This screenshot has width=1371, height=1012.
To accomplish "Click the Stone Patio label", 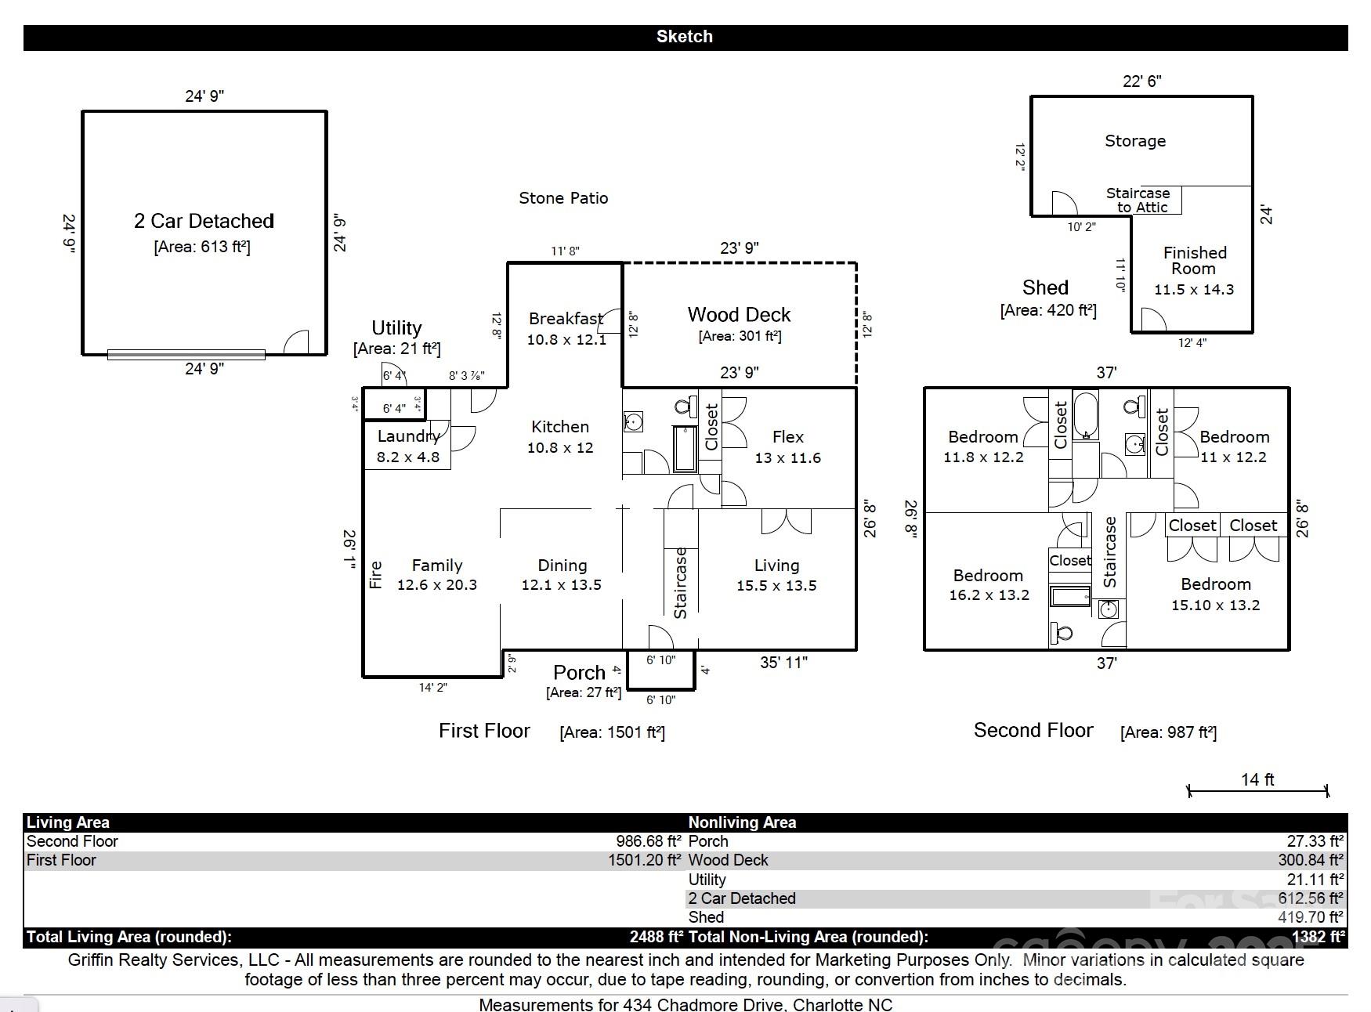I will [563, 198].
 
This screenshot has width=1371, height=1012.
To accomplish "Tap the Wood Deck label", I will [739, 315].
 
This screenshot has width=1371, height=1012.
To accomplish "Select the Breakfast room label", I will [566, 319].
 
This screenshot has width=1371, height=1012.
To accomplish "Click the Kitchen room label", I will [559, 427].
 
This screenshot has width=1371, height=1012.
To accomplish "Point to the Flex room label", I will [787, 437].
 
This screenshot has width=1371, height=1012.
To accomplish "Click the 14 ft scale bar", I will [1257, 790].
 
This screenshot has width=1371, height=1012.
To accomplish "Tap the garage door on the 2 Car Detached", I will [186, 355].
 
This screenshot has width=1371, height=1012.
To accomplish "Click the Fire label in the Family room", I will [376, 574].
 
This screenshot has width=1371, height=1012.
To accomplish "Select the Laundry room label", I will [408, 436].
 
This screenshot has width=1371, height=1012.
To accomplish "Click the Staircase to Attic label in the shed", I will [1138, 200].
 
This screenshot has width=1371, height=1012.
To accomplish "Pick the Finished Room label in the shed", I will [1194, 261].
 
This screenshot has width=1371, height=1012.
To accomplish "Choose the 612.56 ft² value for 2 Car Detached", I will [1311, 898].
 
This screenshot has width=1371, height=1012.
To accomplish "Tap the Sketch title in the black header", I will [684, 37].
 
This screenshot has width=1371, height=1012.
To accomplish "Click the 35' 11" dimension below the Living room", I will [783, 663].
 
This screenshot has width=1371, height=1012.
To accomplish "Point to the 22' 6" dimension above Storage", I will [1141, 81].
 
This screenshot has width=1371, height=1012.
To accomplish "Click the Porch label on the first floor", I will [579, 673].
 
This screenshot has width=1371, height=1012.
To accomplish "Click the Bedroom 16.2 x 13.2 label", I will [988, 576].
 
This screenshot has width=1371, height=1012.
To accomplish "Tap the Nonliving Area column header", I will [742, 822].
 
